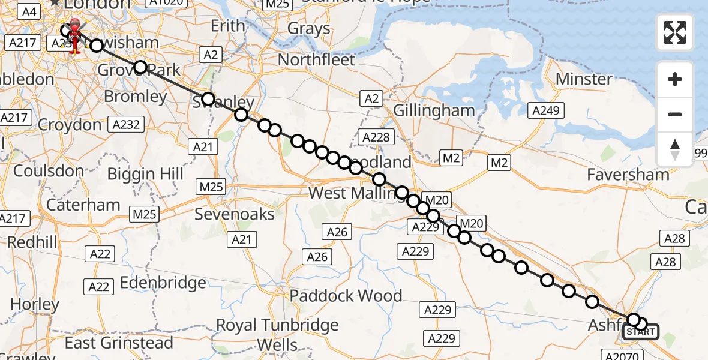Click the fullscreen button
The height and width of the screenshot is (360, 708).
(x=675, y=32)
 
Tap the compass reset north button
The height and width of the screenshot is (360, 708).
(x=675, y=149)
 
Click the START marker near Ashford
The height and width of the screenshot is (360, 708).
(x=641, y=332)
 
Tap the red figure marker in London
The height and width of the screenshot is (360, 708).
(x=75, y=35)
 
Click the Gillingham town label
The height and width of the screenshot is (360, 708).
(x=434, y=110)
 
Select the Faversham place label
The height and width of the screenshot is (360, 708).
(x=628, y=175)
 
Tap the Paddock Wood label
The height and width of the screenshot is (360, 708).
(x=346, y=296)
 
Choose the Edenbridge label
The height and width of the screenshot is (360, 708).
(x=163, y=283)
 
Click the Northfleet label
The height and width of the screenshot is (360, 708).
(x=316, y=60)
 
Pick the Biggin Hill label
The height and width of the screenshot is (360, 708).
(x=145, y=175)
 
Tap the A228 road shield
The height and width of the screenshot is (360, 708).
(x=376, y=137)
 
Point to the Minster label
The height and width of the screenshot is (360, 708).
(x=584, y=79)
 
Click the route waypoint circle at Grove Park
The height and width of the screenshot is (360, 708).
(x=140, y=67)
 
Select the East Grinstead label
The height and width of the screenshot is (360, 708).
(x=119, y=343)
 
